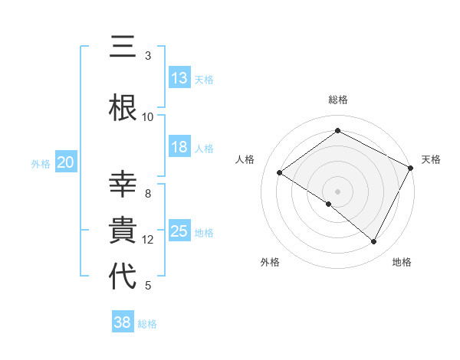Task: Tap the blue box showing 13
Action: click(x=179, y=79)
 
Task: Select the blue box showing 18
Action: click(x=179, y=148)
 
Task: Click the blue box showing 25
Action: click(x=179, y=231)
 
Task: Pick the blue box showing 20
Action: click(x=65, y=162)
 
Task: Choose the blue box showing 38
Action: click(x=123, y=323)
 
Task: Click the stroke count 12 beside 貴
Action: click(x=148, y=240)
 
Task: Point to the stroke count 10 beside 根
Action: click(x=148, y=117)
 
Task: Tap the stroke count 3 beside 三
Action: click(x=148, y=56)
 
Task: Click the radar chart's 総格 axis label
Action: click(x=337, y=100)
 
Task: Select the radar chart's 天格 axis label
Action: click(x=431, y=159)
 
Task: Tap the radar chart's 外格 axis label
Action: click(x=270, y=262)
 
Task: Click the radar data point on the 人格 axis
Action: click(x=280, y=173)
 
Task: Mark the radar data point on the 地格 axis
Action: click(x=374, y=242)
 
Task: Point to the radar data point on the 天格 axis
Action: click(x=410, y=168)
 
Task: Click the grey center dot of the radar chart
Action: click(x=337, y=191)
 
